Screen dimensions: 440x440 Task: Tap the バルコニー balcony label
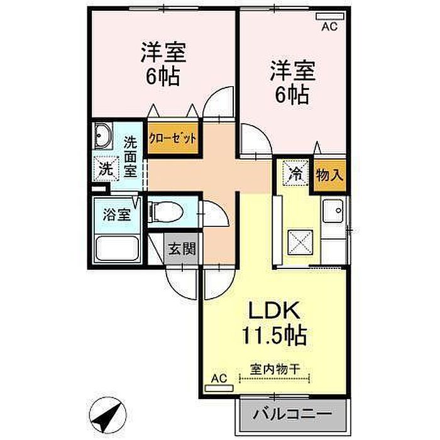292,414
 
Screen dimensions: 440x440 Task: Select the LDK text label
274,310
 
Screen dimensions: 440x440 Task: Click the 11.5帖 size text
274,335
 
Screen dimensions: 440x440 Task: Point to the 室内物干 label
275,369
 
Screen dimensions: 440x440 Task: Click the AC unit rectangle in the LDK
219,388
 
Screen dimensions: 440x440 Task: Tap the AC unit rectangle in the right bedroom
330,16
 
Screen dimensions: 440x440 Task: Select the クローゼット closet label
172,138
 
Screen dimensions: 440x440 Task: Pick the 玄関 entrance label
182,248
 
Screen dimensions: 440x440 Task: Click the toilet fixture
165,212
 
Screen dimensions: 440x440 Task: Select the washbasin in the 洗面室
103,136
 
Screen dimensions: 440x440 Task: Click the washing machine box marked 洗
106,169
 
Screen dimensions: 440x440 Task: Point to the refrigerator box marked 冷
295,173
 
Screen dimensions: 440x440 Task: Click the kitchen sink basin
333,211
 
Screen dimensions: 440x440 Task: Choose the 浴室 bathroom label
117,215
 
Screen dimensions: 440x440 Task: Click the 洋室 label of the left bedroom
163,52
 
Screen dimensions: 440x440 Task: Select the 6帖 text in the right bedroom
292,94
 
